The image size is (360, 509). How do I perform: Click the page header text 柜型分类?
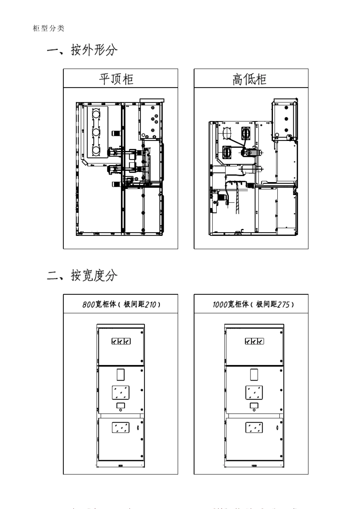(49, 28)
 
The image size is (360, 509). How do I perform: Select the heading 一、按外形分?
(82, 50)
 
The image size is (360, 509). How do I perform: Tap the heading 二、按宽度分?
(82, 275)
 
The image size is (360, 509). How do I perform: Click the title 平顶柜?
(116, 79)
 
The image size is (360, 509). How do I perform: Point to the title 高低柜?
(249, 79)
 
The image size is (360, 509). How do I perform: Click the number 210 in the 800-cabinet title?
(150, 304)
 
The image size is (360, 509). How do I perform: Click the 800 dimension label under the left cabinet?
(121, 466)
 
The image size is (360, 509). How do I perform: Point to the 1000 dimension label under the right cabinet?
(254, 466)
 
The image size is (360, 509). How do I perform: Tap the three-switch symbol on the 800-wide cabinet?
(121, 341)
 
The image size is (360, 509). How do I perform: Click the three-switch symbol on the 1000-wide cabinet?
(254, 341)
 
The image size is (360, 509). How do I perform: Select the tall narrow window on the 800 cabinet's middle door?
(121, 375)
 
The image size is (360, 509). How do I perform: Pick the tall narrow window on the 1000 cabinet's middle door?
(254, 375)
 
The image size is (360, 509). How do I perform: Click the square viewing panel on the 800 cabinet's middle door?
(121, 393)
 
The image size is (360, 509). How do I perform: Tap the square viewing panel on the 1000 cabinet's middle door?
(254, 393)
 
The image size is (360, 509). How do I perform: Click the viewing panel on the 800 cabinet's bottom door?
(121, 428)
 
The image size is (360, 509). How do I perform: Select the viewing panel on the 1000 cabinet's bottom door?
(254, 428)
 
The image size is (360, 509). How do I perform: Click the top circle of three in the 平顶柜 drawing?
(95, 114)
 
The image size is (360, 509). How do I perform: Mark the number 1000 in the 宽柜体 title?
(220, 304)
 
